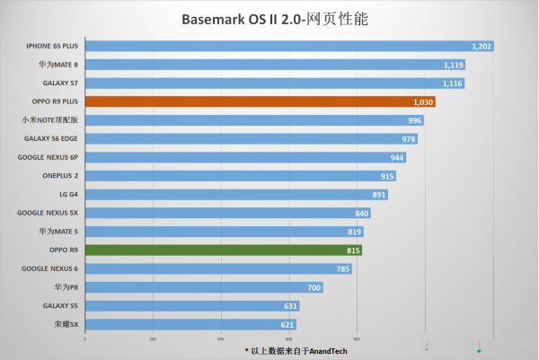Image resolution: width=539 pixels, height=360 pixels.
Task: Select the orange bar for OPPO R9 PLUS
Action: (260, 101)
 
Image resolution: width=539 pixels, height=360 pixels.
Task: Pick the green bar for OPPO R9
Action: (224, 250)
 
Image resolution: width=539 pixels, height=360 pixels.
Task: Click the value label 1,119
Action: (454, 65)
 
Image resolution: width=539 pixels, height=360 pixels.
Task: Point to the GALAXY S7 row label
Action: (57, 83)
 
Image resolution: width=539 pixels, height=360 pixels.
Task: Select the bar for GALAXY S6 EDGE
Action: (251, 139)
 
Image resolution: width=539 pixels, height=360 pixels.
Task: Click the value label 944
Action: (397, 157)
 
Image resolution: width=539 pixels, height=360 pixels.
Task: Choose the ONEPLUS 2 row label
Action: (60, 176)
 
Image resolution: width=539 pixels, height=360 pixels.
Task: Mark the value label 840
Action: (361, 213)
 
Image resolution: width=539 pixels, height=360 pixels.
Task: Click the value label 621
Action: (287, 324)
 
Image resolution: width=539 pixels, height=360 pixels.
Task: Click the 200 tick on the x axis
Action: (153, 339)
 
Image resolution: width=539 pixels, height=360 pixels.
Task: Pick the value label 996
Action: (414, 120)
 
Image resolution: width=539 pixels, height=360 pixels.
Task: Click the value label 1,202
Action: (482, 46)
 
